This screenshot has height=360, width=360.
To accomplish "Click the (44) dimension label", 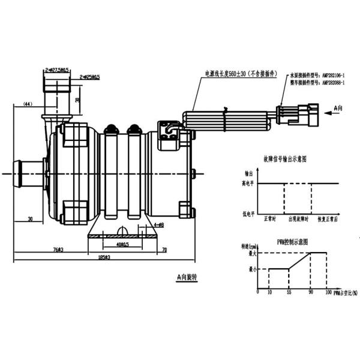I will click(x=28, y=104).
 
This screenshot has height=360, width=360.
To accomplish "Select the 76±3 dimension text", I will click(x=58, y=247).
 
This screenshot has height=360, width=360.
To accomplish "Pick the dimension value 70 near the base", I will click(x=163, y=247).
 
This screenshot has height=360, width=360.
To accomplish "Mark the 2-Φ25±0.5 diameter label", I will click(x=90, y=77).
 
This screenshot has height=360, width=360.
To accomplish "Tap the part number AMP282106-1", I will click(x=338, y=76).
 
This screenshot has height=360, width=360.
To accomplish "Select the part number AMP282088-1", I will click(x=338, y=83).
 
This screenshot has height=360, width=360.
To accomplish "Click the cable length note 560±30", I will click(x=241, y=74).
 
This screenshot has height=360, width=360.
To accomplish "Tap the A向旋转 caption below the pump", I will click(x=187, y=278).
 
